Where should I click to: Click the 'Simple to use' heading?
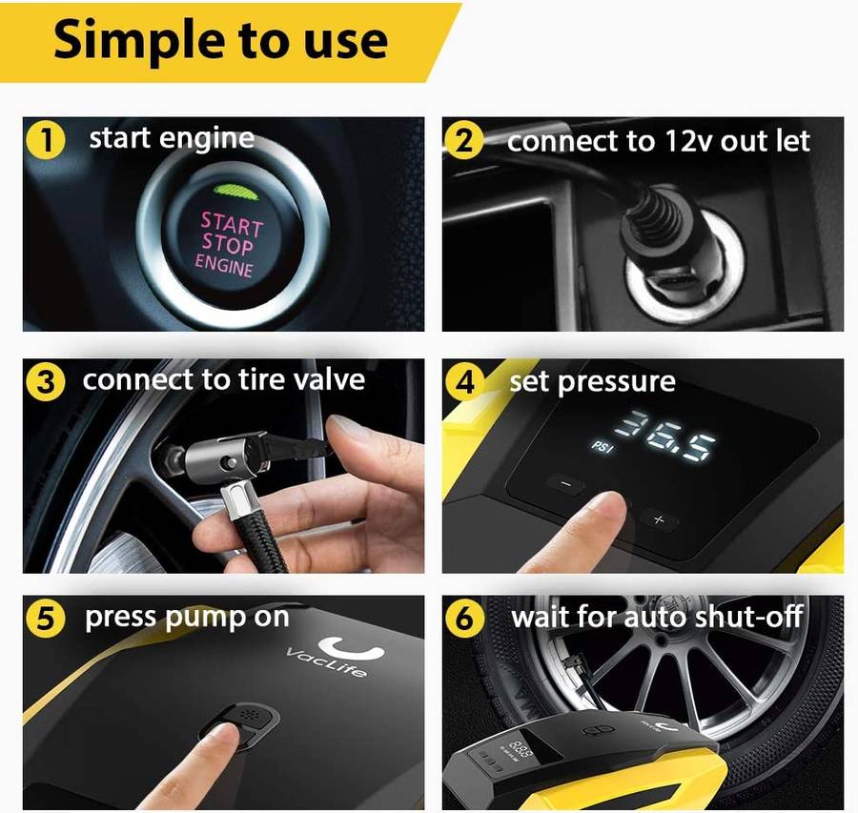(x=220, y=40)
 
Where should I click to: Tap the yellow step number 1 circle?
(x=44, y=141)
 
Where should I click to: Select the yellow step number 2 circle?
(x=463, y=141)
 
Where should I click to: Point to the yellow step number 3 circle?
(x=44, y=382)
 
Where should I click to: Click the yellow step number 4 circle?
(x=463, y=383)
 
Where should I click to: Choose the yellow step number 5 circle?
(x=44, y=620)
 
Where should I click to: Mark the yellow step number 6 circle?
(x=463, y=620)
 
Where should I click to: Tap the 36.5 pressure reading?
(x=664, y=432)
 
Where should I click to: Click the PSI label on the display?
(x=602, y=446)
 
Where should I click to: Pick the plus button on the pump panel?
(x=658, y=519)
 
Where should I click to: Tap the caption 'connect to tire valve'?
(x=223, y=380)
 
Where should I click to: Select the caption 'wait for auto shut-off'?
(x=657, y=617)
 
